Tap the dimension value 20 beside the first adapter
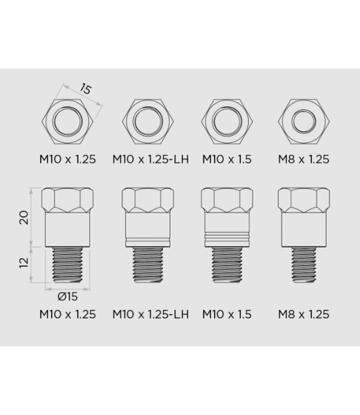(22, 217)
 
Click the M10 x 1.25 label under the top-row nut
(68, 159)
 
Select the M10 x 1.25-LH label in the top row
(151, 159)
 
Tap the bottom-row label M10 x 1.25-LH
(151, 314)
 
